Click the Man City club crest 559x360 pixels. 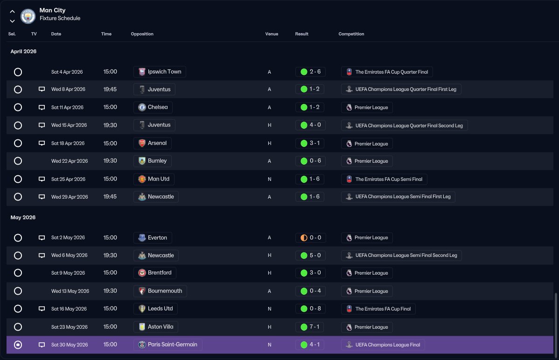(28, 16)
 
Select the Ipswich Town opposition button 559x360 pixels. (160, 72)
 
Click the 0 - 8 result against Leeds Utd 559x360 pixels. (310, 309)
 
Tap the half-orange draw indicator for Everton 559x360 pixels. (304, 238)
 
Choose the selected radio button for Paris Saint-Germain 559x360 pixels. (18, 345)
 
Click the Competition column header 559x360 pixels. (351, 34)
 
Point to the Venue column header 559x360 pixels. (272, 34)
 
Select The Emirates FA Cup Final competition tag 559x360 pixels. (378, 309)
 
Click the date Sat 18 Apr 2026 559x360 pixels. (68, 143)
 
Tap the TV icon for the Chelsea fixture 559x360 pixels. (42, 107)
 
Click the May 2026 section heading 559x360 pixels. (23, 217)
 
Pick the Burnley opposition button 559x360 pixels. (153, 161)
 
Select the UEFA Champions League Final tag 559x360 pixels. (383, 345)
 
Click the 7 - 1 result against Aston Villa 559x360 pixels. (310, 327)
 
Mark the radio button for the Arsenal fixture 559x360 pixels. (18, 143)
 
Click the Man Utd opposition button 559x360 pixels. (154, 179)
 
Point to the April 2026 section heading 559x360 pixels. (23, 51)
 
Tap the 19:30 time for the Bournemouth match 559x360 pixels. (110, 291)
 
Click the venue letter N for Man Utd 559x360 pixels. (270, 179)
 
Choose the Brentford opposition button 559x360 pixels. (155, 273)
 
